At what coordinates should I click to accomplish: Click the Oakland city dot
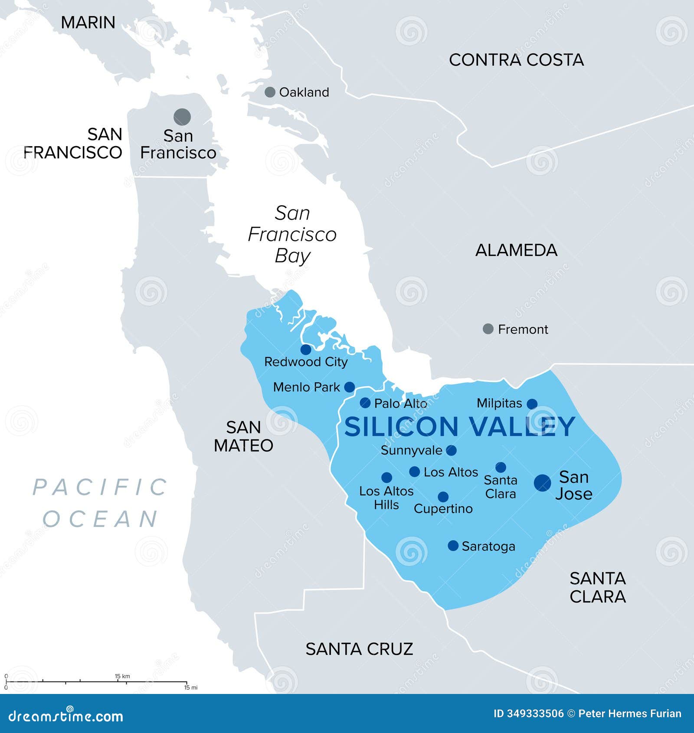270,92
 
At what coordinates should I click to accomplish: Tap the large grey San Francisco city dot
182,117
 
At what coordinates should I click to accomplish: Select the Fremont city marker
488,329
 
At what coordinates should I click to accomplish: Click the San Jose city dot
542,483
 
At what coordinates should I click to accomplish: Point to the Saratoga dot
453,546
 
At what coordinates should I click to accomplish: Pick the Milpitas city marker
532,404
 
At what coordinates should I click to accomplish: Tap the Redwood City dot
306,350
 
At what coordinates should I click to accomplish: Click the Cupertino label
443,509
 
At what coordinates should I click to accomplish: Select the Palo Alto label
400,404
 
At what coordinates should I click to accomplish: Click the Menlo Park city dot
349,387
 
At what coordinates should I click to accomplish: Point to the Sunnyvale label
411,451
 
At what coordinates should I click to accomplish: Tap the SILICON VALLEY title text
459,427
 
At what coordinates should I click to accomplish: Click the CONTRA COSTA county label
516,60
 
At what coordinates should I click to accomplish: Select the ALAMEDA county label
516,250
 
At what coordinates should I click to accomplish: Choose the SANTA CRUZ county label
359,649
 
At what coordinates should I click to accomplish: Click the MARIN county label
88,23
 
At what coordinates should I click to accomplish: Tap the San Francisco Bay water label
292,234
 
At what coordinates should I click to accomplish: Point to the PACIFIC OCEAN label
101,503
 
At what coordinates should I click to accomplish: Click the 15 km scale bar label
122,676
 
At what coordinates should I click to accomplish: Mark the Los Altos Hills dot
386,478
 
